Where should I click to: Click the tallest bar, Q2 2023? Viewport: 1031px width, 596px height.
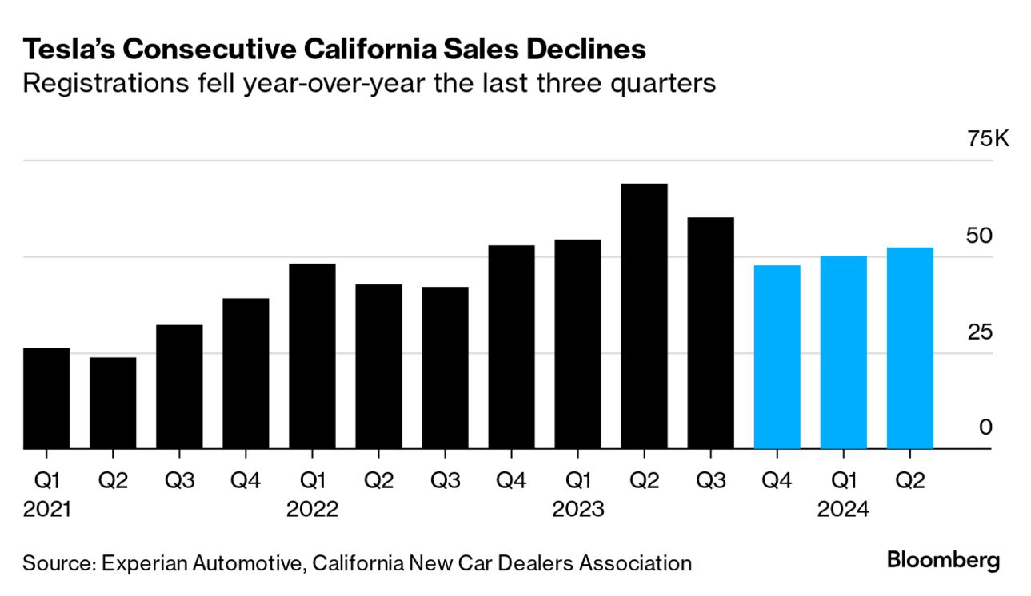pyautogui.click(x=644, y=316)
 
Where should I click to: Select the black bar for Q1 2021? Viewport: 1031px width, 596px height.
pyautogui.click(x=46, y=399)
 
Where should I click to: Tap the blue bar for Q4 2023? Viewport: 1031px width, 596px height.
pyautogui.click(x=777, y=357)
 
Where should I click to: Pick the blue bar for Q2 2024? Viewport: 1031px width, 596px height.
pyautogui.click(x=909, y=348)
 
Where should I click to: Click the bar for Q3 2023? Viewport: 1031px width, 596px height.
pyautogui.click(x=710, y=333)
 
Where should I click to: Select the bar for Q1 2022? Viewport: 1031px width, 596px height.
pyautogui.click(x=312, y=356)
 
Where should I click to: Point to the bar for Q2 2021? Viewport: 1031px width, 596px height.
pyautogui.click(x=113, y=403)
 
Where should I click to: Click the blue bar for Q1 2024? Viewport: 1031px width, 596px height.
pyautogui.click(x=843, y=352)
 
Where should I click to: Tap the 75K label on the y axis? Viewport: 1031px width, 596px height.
pyautogui.click(x=989, y=139)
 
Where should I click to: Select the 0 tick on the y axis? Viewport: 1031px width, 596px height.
pyautogui.click(x=985, y=427)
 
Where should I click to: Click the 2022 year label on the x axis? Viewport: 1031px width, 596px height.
pyautogui.click(x=312, y=510)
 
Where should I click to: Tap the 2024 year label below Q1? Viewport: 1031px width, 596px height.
pyautogui.click(x=843, y=510)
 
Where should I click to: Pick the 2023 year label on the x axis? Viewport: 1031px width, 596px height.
pyautogui.click(x=577, y=510)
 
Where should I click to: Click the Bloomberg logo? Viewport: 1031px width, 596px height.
pyautogui.click(x=943, y=560)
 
